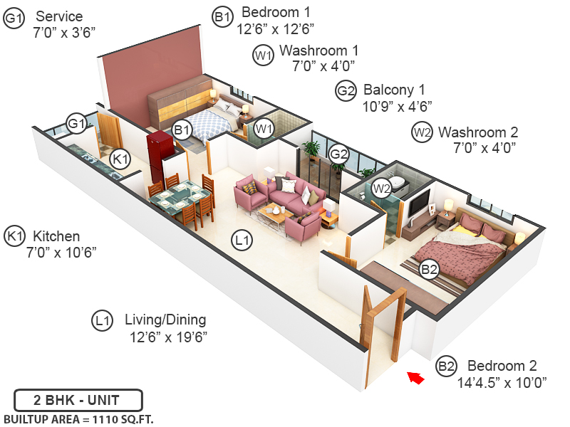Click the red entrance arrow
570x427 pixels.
(415, 377)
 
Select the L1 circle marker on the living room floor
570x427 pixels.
(242, 241)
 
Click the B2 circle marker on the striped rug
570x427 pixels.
(428, 268)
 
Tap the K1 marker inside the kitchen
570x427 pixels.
(120, 159)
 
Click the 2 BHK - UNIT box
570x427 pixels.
(78, 399)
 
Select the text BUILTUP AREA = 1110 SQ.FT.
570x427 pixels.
(78, 418)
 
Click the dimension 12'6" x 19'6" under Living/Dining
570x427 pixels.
(168, 337)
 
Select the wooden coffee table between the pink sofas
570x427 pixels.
(273, 211)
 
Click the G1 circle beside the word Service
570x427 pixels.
(14, 18)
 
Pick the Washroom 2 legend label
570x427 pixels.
(478, 132)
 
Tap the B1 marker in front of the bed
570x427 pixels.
(182, 130)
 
